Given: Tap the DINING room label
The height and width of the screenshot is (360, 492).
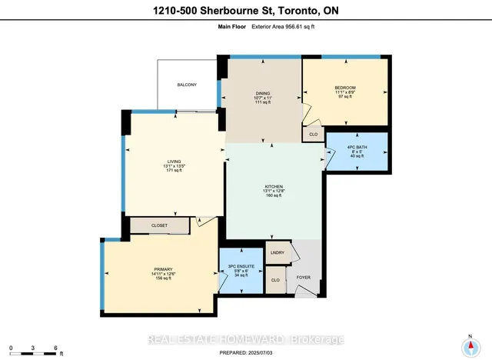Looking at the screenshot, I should (263, 93).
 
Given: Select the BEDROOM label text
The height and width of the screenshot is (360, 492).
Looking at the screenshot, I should (345, 88).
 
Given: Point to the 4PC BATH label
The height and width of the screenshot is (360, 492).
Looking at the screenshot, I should (357, 146).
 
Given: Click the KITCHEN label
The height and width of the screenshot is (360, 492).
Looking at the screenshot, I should (274, 187).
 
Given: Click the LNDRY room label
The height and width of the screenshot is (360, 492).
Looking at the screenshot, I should (277, 253).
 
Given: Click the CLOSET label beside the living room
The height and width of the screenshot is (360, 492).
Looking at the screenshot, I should (159, 225).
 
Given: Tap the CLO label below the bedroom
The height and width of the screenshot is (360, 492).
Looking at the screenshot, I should (313, 135).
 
